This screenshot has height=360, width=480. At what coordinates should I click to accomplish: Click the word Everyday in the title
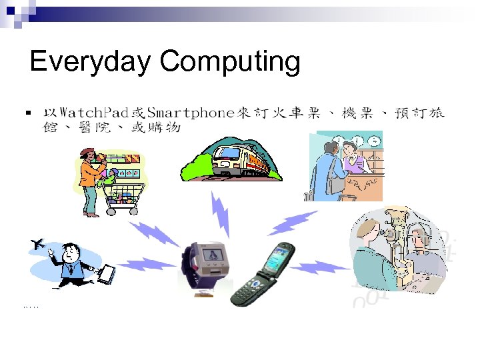(91, 62)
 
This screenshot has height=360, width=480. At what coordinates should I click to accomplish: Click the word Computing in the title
(229, 62)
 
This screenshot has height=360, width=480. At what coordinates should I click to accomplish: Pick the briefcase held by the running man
(105, 273)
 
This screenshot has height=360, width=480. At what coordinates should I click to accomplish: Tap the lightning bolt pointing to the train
(220, 213)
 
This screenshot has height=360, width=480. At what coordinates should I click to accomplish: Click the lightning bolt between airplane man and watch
(146, 264)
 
